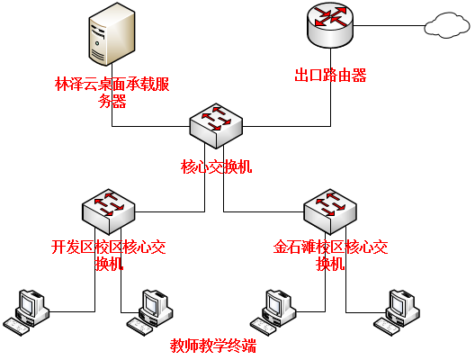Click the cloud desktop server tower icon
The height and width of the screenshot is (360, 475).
(112, 34)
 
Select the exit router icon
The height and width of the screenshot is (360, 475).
(330, 25)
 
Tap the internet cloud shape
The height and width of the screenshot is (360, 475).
(447, 25)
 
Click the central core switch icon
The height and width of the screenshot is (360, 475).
(216, 126)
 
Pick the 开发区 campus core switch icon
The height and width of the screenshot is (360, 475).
(109, 211)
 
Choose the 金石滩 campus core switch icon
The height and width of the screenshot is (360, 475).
(330, 211)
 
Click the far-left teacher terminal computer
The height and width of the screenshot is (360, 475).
(26, 312)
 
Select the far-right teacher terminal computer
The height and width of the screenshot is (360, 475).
(397, 312)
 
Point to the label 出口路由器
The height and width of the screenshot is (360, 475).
(330, 76)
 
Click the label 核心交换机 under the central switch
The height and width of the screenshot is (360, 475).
(216, 166)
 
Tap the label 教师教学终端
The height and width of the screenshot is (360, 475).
(213, 346)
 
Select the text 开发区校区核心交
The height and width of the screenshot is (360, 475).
(109, 247)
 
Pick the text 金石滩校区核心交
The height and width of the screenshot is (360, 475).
(330, 247)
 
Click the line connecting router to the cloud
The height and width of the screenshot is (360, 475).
(389, 26)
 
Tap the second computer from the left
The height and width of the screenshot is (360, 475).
(149, 312)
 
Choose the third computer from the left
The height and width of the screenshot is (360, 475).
(273, 312)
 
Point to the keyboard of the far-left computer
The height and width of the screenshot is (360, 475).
(16, 327)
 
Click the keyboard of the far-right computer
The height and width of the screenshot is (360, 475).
(387, 327)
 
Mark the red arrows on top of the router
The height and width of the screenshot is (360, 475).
(330, 17)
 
